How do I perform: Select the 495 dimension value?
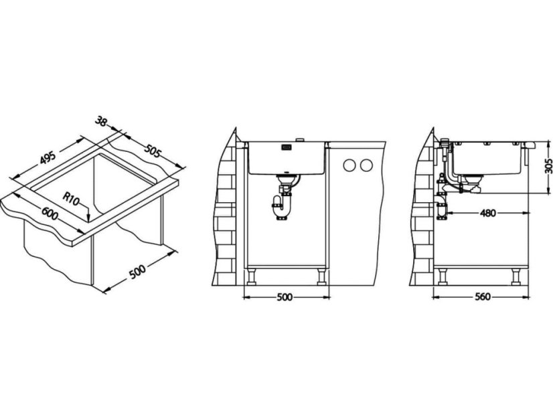[48, 157]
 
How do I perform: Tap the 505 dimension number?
[152, 151]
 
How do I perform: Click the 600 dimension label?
[50, 214]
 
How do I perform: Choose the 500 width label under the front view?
[285, 297]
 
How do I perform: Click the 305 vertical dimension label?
[548, 165]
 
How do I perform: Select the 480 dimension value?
[488, 213]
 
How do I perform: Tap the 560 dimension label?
[482, 297]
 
